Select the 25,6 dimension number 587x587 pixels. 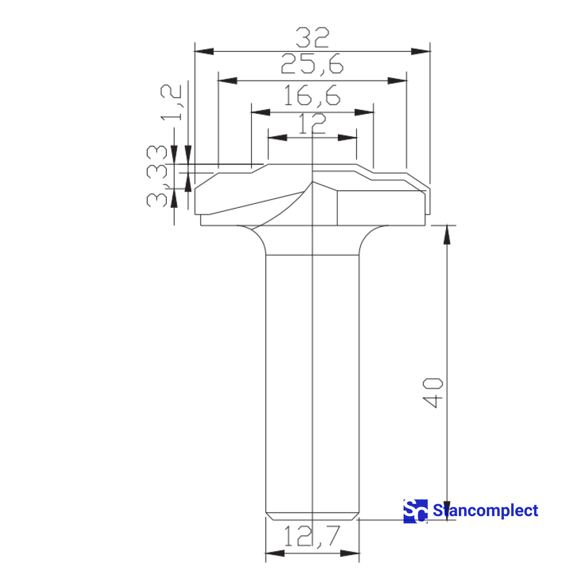[x=312, y=65]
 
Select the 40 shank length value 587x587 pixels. [x=433, y=392]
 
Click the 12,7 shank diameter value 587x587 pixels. [x=312, y=536]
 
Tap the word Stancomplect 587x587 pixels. [x=485, y=511]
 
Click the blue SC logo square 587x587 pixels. [x=415, y=511]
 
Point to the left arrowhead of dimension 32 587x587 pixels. [x=204, y=51]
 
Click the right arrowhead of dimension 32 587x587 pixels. [x=420, y=51]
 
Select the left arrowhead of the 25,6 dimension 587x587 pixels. [x=227, y=81]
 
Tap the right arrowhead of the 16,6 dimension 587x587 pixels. [x=364, y=112]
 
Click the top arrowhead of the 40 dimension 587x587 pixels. [x=447, y=234]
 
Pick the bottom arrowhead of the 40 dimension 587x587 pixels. [x=447, y=511]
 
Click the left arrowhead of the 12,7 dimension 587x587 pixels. [x=275, y=553]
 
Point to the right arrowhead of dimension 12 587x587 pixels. [x=347, y=138]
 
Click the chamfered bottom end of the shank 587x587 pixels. [x=312, y=517]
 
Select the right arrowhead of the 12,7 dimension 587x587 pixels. [x=349, y=553]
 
